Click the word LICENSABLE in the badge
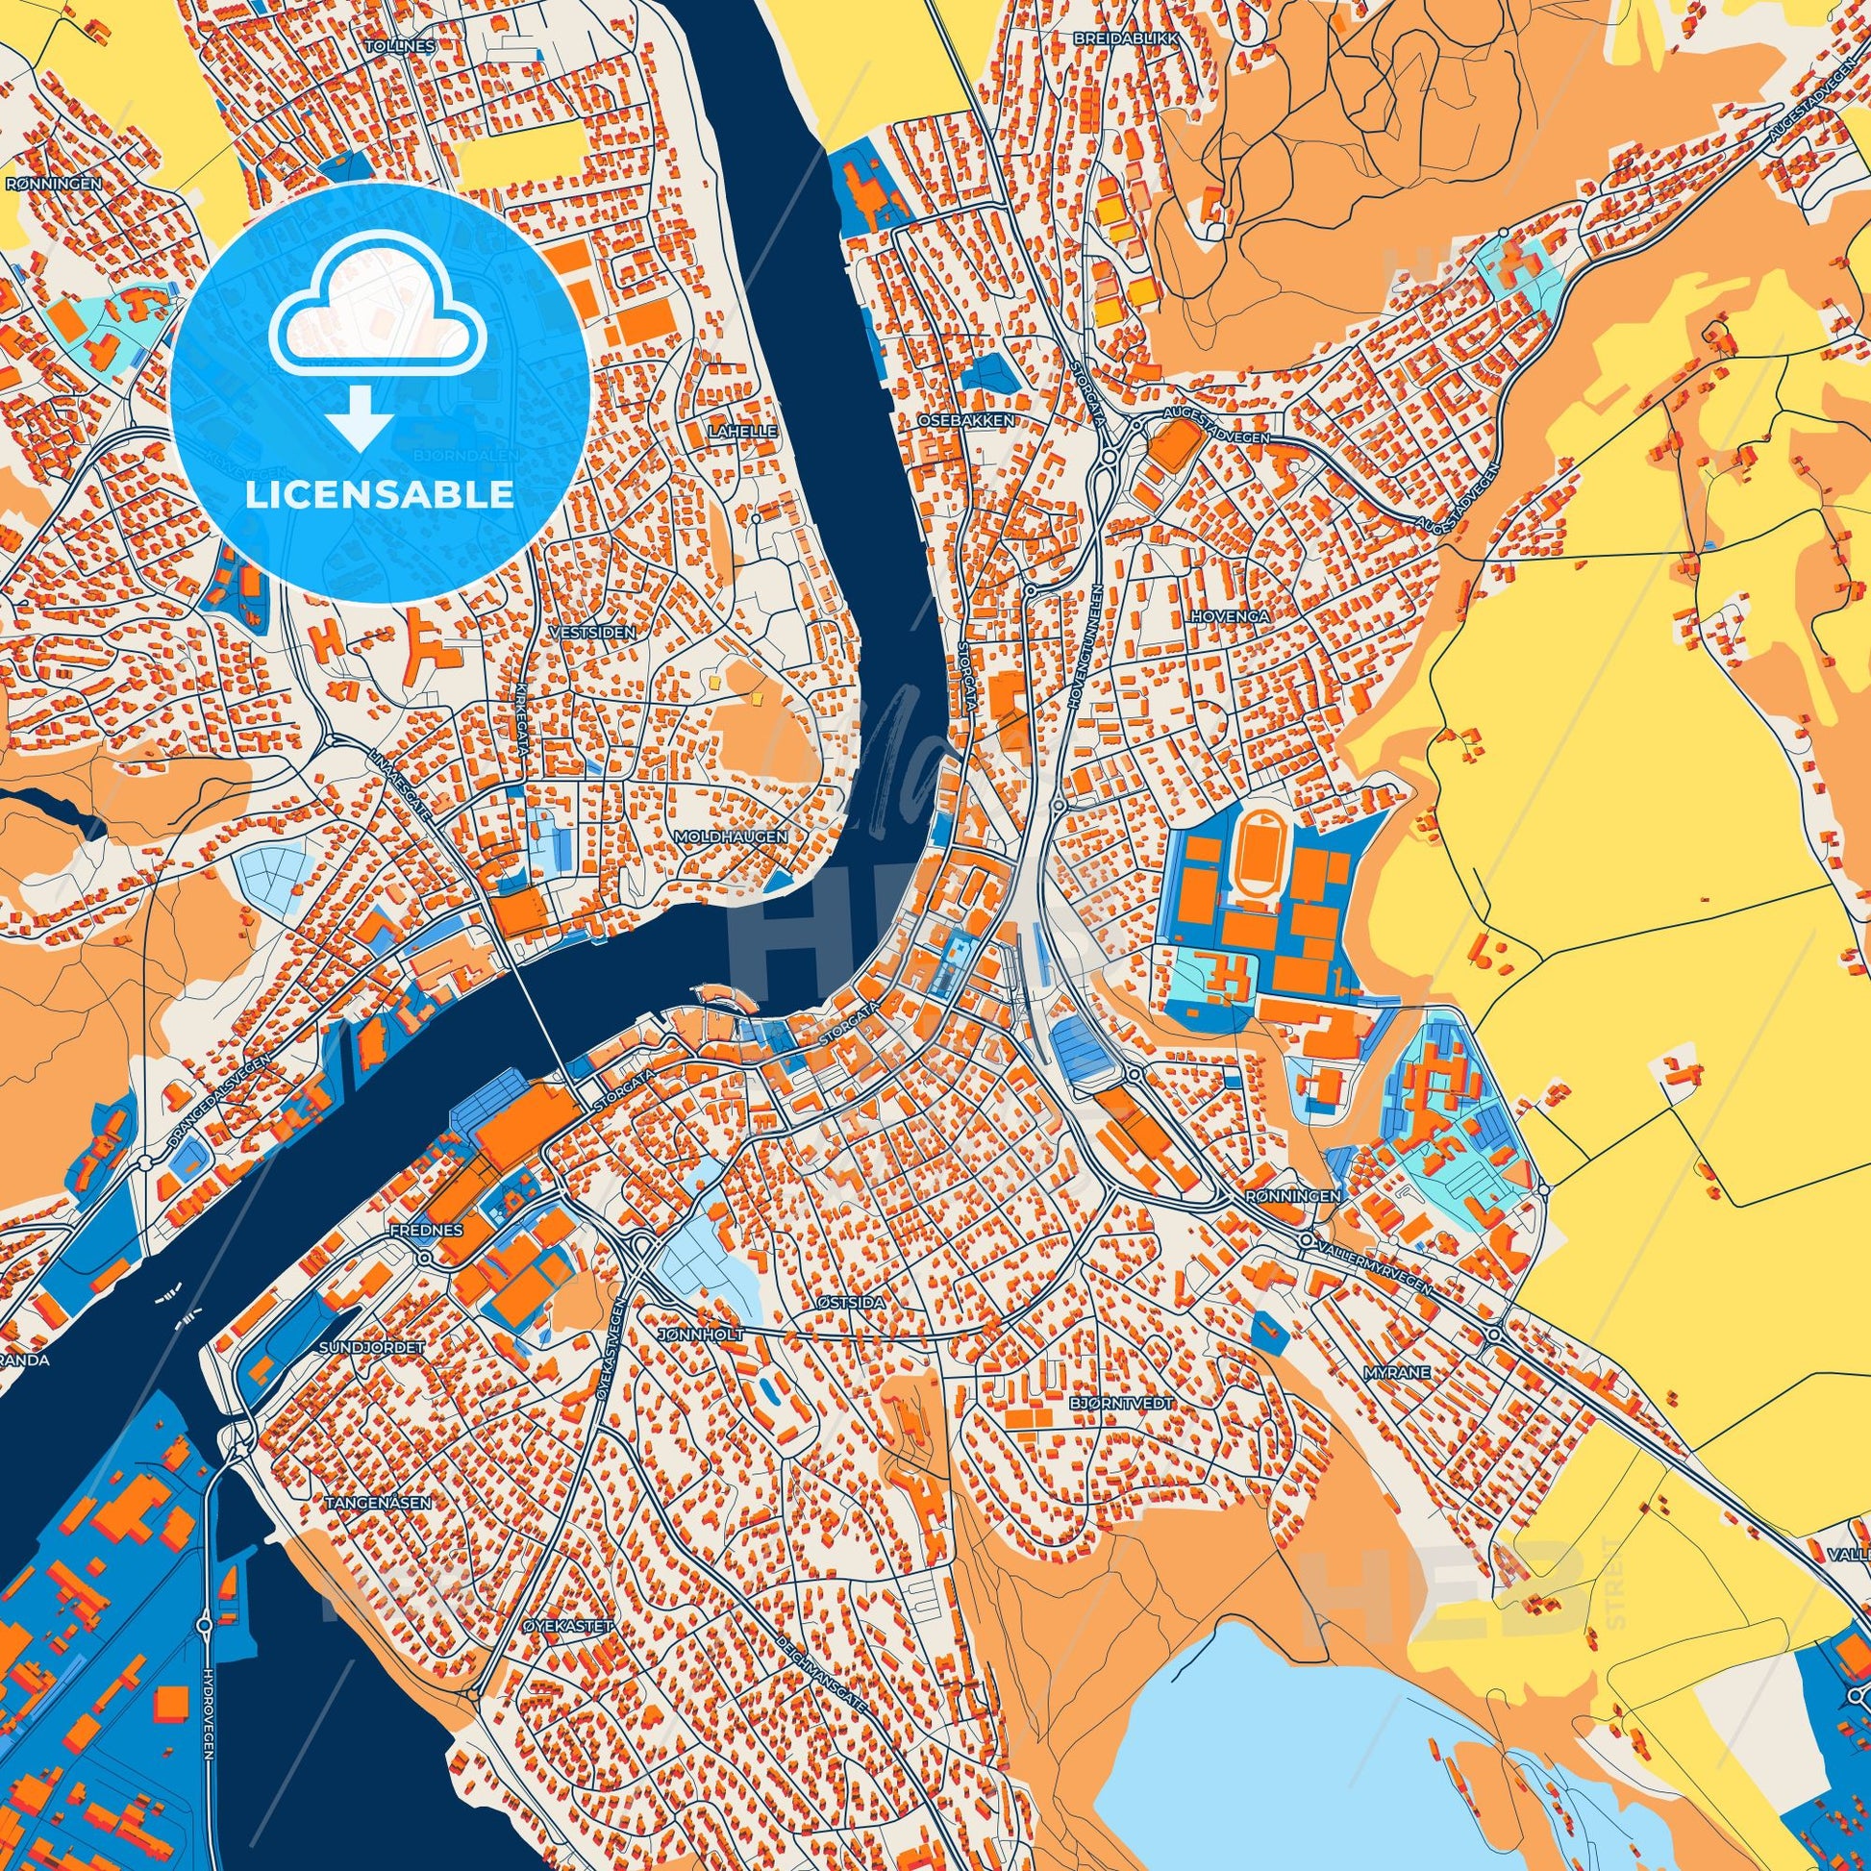tap(379, 495)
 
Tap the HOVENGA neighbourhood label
tap(1230, 615)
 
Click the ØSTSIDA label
tap(850, 1303)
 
